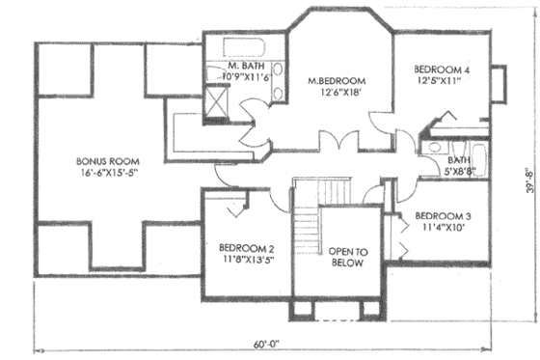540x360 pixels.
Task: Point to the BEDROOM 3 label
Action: pyautogui.click(x=445, y=215)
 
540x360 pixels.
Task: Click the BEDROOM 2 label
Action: pyautogui.click(x=247, y=246)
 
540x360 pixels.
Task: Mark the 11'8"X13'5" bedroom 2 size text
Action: pyautogui.click(x=247, y=259)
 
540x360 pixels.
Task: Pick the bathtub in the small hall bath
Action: pyautogui.click(x=467, y=142)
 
